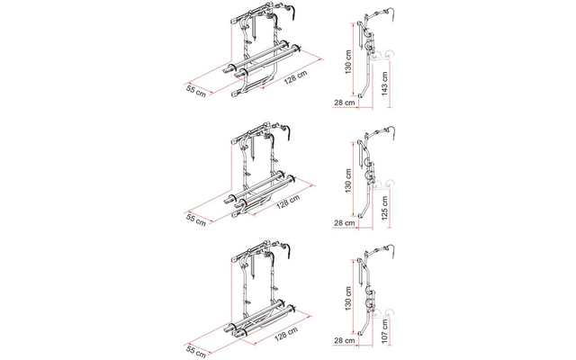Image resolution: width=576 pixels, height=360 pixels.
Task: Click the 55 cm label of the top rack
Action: pos(197,89)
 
